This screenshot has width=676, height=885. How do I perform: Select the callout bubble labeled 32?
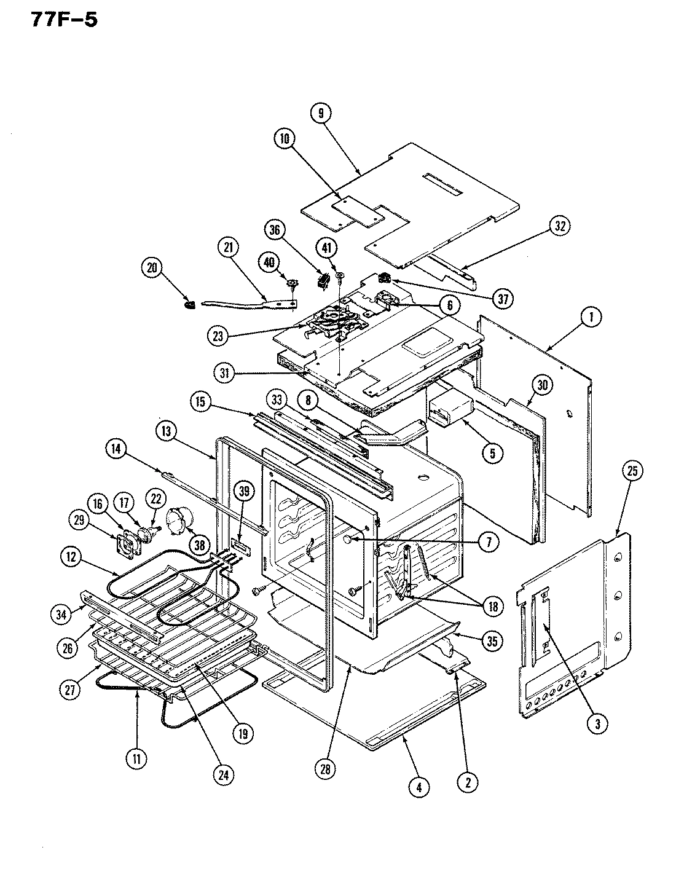[559, 226]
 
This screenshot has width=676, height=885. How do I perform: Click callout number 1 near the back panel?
[591, 317]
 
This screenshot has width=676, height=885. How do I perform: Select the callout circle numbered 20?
[152, 267]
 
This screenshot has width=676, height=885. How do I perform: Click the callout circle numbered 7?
[489, 541]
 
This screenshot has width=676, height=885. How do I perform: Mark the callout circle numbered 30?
[541, 385]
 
